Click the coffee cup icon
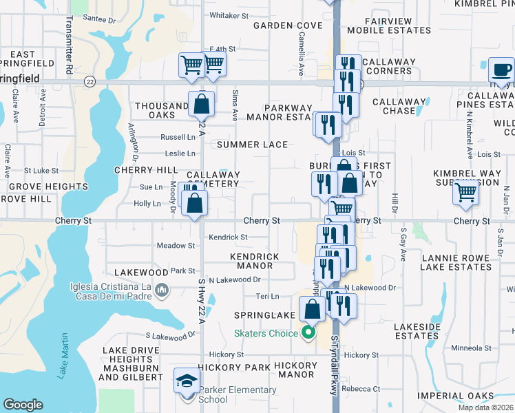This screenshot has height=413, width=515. [501, 70]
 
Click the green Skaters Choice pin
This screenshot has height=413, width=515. [308, 334]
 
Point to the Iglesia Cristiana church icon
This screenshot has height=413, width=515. [161, 290]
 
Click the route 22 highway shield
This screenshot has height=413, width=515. [90, 82]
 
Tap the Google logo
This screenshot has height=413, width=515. [23, 405]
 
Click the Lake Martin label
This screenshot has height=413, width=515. [63, 356]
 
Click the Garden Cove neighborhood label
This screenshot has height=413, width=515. [288, 25]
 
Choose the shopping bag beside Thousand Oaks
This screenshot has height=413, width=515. [202, 105]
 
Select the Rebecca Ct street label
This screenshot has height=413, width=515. [362, 389]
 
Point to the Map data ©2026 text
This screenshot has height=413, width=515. [486, 407]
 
